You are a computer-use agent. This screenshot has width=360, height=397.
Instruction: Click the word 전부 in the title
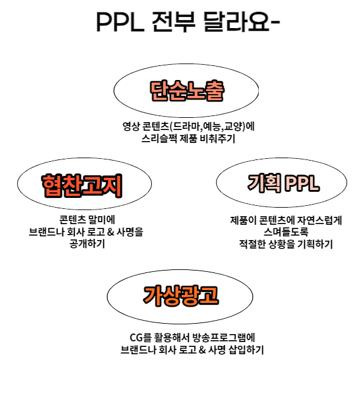(173, 21)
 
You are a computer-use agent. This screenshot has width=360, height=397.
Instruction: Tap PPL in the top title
(120, 22)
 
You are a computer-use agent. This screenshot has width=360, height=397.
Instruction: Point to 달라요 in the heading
(237, 21)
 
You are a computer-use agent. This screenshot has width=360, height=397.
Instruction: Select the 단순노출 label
(187, 90)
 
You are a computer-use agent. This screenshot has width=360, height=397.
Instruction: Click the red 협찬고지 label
(82, 186)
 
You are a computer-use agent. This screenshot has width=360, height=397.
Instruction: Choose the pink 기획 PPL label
(283, 183)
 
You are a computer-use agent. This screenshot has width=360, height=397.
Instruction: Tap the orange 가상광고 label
(181, 296)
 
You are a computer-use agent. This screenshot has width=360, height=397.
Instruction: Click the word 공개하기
(87, 244)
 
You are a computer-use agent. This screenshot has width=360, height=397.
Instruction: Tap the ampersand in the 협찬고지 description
(110, 232)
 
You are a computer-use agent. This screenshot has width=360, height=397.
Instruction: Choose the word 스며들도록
(286, 232)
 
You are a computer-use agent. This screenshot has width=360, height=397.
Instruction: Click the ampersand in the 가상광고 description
(202, 350)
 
